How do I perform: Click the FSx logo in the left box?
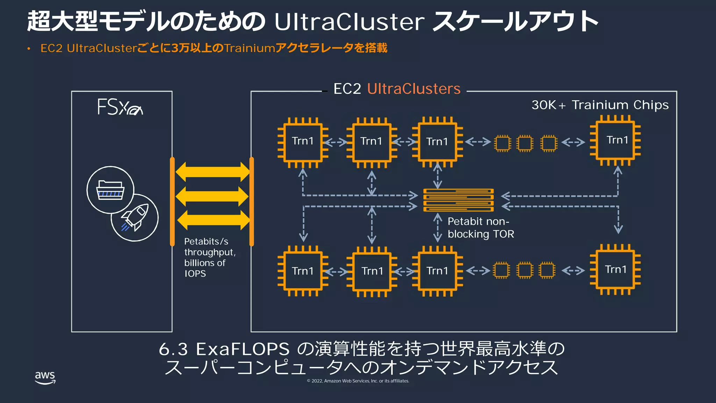pos(120,107)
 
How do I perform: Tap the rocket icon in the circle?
pos(135,218)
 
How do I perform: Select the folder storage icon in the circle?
pos(110,190)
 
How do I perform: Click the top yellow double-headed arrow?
pos(213,172)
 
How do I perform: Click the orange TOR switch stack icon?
pos(458,200)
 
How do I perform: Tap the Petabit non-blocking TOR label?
pos(481,227)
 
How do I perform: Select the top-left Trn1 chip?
pos(303,142)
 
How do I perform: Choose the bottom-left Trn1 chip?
pos(303,271)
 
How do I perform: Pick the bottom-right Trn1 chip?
pos(615,270)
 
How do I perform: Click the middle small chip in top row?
pos(525,143)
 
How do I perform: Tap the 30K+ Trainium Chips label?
pos(600,105)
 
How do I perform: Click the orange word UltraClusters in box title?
pos(414,89)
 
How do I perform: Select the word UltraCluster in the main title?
pos(349,22)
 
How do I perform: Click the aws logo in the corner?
pos(45,377)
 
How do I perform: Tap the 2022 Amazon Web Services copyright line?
pos(358,381)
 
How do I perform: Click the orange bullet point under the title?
pos(29,49)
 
